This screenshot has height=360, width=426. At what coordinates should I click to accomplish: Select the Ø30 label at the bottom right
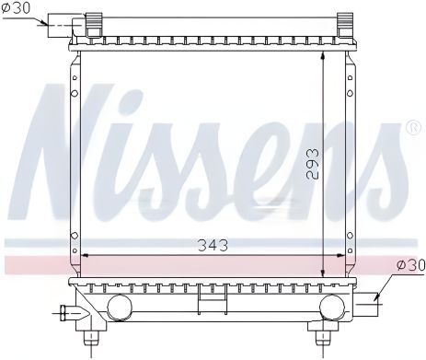click(410, 265)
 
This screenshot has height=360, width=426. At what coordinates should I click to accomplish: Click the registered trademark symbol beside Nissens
click(412, 127)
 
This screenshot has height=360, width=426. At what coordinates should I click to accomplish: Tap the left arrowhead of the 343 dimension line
click(86, 254)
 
